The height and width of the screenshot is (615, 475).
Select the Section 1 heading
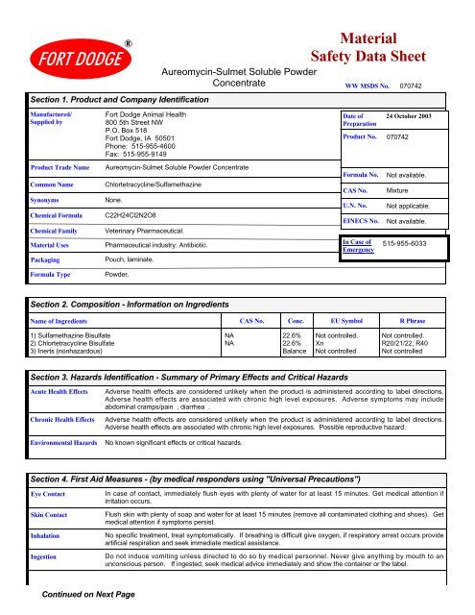(x=109, y=99)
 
